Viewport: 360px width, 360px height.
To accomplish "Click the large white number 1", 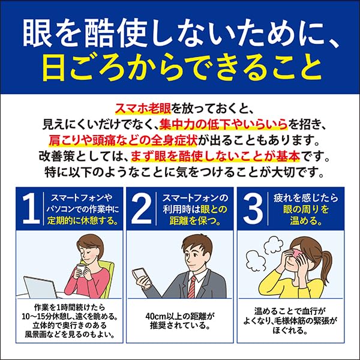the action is coord(31,209).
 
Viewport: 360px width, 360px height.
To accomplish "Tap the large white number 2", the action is coord(141,209).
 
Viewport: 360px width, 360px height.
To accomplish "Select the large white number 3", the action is coord(253,209).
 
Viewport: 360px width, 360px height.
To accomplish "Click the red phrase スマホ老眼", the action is coord(143,109).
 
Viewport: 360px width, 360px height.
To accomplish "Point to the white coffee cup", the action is coord(81,269).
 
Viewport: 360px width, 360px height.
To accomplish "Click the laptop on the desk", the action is coord(41,287).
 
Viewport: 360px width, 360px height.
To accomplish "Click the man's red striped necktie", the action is coord(191,287).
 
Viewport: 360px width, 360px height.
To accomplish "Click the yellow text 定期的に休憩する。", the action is coord(83,220).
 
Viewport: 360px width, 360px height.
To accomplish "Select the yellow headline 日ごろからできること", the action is coord(182,68).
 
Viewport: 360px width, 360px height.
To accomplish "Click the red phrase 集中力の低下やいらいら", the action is coord(223,124).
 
